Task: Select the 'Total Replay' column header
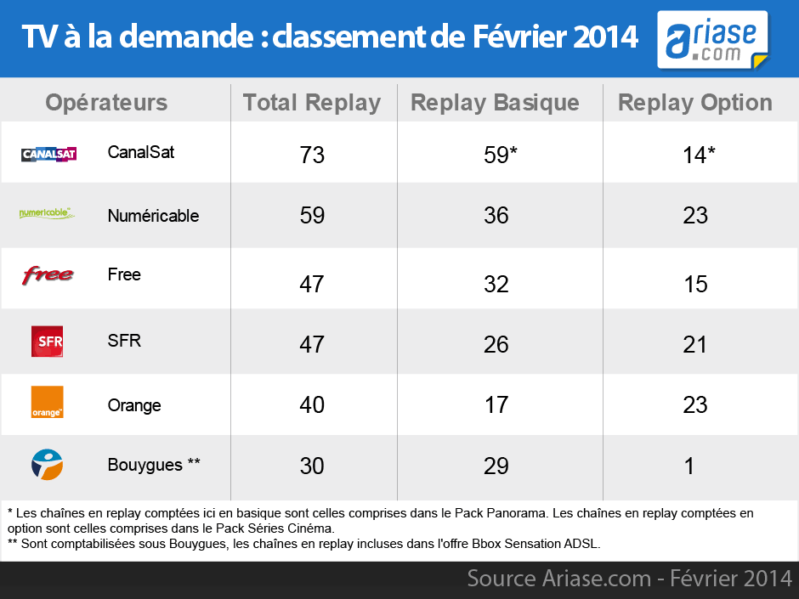point(312,103)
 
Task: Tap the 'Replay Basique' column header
point(495,103)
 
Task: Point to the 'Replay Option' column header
point(695,103)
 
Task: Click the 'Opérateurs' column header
point(106,103)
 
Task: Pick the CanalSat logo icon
point(48,154)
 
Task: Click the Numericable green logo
point(47,213)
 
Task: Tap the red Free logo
point(48,275)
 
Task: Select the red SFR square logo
point(47,342)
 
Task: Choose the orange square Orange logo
point(47,402)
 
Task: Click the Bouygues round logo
point(47,465)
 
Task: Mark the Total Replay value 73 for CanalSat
point(312,155)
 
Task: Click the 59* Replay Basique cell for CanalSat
point(496,155)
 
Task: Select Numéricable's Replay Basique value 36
point(496,216)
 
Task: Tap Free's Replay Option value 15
point(695,284)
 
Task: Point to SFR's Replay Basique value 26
point(496,344)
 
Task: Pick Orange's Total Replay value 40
point(312,405)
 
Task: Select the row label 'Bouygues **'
point(154,465)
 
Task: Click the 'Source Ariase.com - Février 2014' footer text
point(629,579)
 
